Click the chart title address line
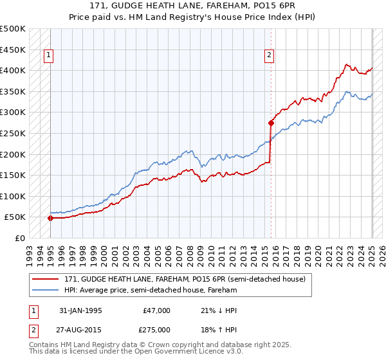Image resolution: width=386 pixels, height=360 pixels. (193, 6)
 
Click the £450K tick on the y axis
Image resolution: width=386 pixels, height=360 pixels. (13, 50)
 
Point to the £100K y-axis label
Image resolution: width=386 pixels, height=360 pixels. (13, 196)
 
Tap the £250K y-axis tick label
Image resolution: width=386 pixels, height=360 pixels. (13, 133)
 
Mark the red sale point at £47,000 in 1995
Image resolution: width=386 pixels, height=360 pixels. (50, 218)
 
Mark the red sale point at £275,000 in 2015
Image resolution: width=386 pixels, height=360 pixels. (270, 122)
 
